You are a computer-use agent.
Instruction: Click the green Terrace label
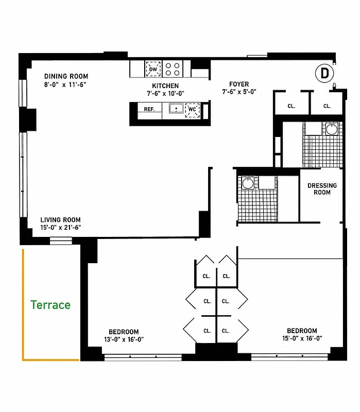pos(50,305)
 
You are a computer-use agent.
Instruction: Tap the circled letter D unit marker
pos(324,73)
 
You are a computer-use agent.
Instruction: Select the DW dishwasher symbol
pos(153,69)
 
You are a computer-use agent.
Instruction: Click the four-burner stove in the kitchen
pos(173,69)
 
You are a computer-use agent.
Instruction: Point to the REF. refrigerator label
pos(149,109)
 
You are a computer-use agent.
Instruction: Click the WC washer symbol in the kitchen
pos(192,110)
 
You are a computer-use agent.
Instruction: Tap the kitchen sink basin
pos(176,108)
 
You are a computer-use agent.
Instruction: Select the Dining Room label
pos(66,76)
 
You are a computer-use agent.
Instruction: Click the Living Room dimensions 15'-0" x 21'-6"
pos(60,228)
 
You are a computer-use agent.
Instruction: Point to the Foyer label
pos(239,84)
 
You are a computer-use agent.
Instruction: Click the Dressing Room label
pos(322,189)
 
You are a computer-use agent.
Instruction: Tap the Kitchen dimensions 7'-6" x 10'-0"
pos(165,94)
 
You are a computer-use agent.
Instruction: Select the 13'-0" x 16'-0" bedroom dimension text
pos(124,339)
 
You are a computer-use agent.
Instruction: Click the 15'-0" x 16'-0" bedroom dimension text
pos(302,338)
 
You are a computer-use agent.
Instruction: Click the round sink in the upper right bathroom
pos(332,129)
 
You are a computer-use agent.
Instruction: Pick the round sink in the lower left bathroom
pos(248,183)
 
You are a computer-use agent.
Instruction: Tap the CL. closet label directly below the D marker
pos(327,106)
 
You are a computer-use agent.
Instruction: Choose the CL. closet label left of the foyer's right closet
pos(292,106)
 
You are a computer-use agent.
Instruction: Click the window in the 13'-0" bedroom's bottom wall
pos(143,357)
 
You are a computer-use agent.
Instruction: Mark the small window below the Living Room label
pos(61,241)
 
